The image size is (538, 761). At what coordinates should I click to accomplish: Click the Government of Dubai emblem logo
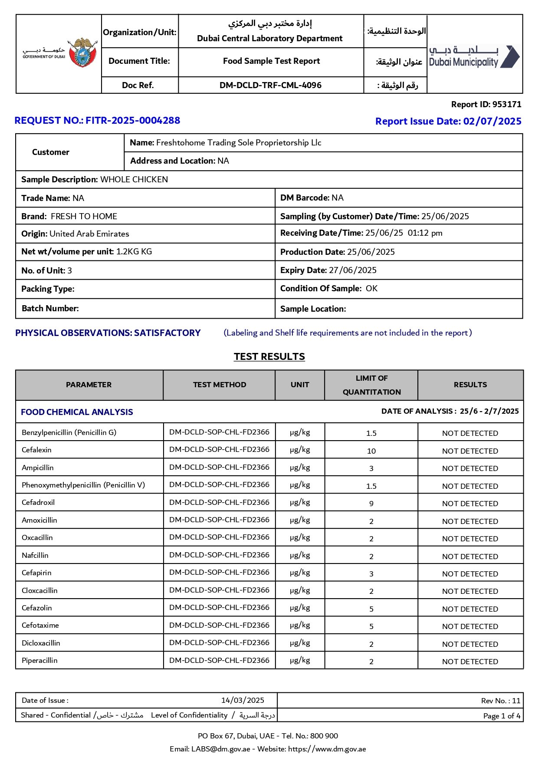click(83, 53)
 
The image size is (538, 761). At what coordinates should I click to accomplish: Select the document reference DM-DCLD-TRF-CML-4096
click(270, 86)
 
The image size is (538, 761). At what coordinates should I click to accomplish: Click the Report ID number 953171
click(506, 105)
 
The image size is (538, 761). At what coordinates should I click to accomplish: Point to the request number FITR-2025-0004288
click(133, 121)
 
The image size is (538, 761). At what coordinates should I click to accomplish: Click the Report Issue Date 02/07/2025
click(492, 122)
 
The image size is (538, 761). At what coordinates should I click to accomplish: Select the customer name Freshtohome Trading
click(239, 143)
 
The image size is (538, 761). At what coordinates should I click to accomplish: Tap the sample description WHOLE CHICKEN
click(134, 180)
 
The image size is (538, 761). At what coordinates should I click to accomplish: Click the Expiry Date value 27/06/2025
click(353, 270)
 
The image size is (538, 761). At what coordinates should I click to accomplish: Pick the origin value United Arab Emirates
click(89, 234)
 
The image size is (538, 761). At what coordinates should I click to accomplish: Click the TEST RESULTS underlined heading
click(269, 357)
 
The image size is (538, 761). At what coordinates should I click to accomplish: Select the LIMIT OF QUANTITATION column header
click(371, 385)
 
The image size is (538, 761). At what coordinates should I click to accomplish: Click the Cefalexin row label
click(37, 450)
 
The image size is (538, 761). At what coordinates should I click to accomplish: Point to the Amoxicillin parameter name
click(39, 521)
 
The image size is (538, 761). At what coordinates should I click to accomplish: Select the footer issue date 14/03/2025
click(243, 700)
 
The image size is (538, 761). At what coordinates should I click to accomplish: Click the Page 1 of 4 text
click(502, 716)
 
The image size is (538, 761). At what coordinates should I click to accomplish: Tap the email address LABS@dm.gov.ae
click(221, 749)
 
